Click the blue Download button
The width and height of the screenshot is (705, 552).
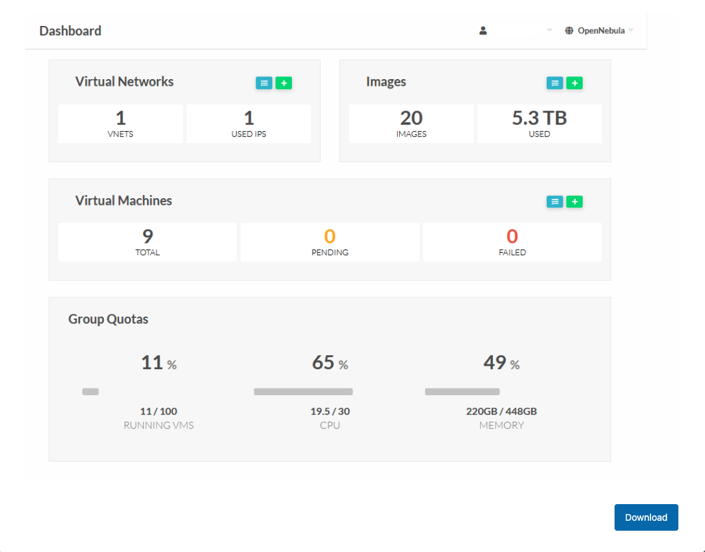pos(646,517)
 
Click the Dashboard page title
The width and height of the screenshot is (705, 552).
pos(70,31)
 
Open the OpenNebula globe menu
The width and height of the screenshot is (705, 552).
pos(598,31)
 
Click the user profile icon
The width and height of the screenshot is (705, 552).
pos(484,31)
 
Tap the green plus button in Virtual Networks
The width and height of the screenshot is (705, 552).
pos(284,83)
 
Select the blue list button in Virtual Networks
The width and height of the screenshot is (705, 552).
pos(264,83)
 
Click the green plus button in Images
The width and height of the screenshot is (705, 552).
pos(575,83)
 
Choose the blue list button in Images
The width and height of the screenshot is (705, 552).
pos(555,83)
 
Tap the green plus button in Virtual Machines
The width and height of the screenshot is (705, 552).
pos(575,202)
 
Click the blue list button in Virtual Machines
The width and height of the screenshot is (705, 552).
pos(555,202)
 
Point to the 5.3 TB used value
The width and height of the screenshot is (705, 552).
pos(539,118)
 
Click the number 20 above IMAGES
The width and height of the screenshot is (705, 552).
pos(411,118)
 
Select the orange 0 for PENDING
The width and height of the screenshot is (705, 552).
pos(329,236)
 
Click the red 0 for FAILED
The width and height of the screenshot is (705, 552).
pos(512,236)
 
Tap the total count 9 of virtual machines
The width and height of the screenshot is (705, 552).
pos(147,236)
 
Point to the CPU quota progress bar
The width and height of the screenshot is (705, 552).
pos(303,392)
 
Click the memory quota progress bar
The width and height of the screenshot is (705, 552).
pos(462,392)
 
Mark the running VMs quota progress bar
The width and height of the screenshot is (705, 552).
pos(90,392)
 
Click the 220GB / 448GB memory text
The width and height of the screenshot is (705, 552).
pos(501,411)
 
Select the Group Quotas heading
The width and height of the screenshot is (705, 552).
pos(108,319)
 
